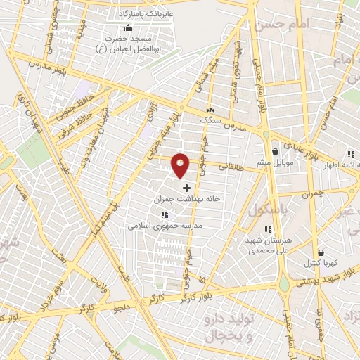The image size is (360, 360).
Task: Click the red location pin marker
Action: click(x=181, y=165)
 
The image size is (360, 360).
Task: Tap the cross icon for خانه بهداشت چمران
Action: click(x=186, y=188)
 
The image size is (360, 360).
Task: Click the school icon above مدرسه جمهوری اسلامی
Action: click(x=164, y=214)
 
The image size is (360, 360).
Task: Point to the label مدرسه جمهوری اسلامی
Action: click(x=165, y=226)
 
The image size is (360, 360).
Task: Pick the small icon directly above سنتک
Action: click(x=210, y=110)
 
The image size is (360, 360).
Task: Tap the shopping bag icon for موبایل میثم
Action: click(x=275, y=151)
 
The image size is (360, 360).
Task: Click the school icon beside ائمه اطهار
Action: click(x=349, y=154)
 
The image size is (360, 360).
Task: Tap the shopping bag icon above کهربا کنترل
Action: click(x=321, y=252)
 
